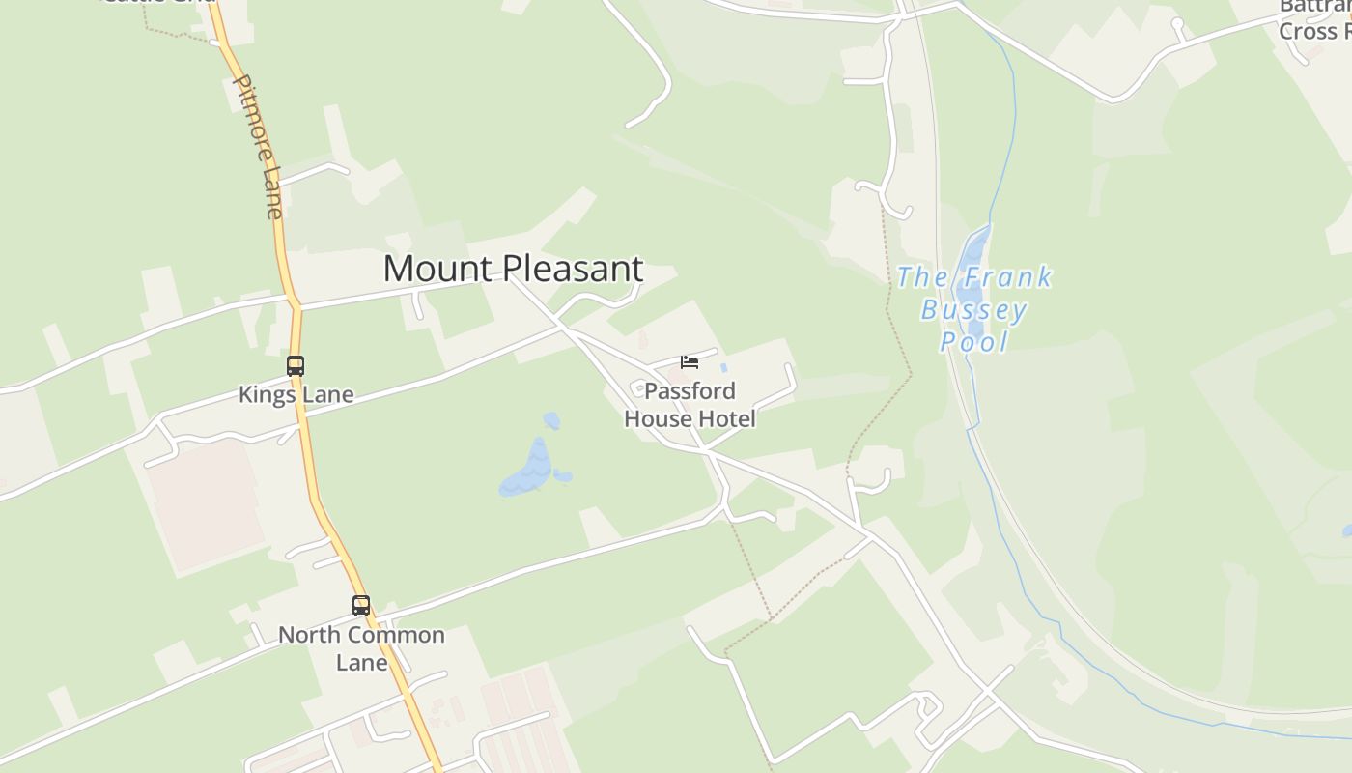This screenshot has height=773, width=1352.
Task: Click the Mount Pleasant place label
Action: [x=513, y=269]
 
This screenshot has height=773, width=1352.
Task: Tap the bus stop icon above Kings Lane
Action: [x=296, y=366]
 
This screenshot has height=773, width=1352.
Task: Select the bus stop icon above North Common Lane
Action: [x=361, y=606]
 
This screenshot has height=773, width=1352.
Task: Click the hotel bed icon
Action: [x=689, y=362]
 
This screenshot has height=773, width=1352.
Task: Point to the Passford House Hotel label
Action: [x=690, y=405]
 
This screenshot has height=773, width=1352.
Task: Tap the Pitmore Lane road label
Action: [x=260, y=145]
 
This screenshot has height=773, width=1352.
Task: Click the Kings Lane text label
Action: [x=296, y=394]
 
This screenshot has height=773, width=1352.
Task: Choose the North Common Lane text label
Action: [x=361, y=648]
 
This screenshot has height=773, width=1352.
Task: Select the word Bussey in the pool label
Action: [x=973, y=310]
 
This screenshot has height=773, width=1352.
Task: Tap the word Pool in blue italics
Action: [x=974, y=342]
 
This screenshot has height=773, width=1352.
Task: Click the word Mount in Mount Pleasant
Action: [x=433, y=269]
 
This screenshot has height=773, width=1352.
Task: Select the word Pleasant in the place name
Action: [x=568, y=269]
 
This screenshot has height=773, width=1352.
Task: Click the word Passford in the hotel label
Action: [x=690, y=391]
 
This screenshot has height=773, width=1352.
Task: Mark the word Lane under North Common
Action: [x=361, y=663]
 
